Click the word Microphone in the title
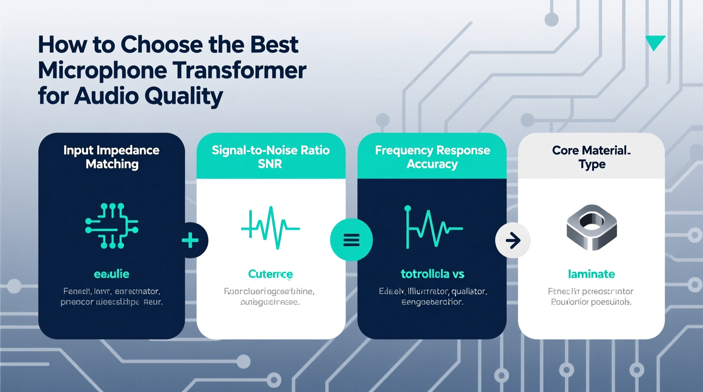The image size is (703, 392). pyautogui.click(x=102, y=71)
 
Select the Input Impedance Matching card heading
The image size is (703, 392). pyautogui.click(x=112, y=157)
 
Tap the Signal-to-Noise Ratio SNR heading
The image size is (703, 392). pyautogui.click(x=270, y=157)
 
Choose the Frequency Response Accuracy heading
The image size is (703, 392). pyautogui.click(x=432, y=157)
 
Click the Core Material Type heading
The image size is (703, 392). pyautogui.click(x=591, y=157)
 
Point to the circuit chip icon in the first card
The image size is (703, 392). pyautogui.click(x=112, y=226)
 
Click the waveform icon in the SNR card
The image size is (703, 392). pyautogui.click(x=270, y=227)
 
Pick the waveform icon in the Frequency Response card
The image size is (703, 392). pyautogui.click(x=432, y=227)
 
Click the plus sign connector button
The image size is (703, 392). pyautogui.click(x=191, y=240)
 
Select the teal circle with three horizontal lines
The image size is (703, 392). pyautogui.click(x=351, y=240)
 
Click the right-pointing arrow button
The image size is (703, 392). pyautogui.click(x=513, y=240)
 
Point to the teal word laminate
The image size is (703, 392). pyautogui.click(x=591, y=274)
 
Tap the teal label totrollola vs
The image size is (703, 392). pyautogui.click(x=432, y=274)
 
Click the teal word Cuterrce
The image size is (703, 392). pyautogui.click(x=270, y=274)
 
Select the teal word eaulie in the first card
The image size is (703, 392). pyautogui.click(x=112, y=274)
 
